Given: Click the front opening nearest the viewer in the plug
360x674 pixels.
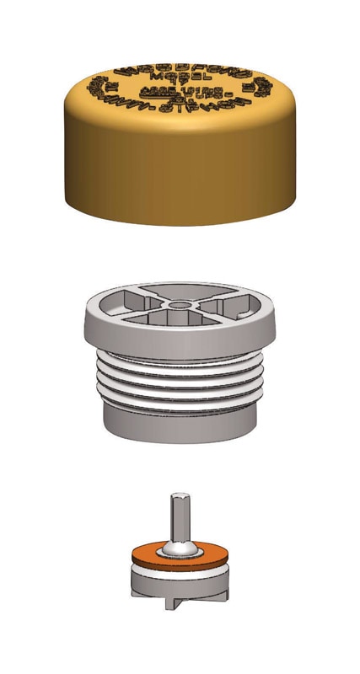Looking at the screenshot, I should coord(180,324).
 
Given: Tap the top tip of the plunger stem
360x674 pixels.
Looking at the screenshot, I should coord(178,496).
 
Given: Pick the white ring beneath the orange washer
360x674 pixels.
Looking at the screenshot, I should coord(179,572).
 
